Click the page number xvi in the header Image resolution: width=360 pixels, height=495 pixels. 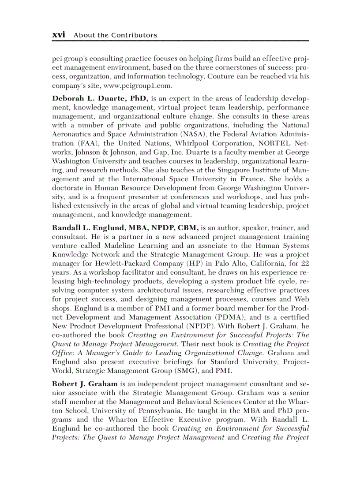pyautogui.click(x=59, y=35)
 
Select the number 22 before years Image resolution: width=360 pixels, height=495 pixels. pyautogui.click(x=304, y=264)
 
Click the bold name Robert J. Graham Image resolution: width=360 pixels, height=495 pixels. pyautogui.click(x=85, y=384)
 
